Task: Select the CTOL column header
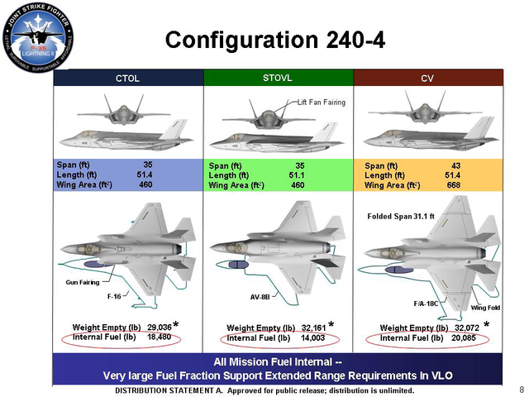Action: click(127, 79)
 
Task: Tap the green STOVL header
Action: click(279, 78)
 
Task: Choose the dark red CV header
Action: click(428, 79)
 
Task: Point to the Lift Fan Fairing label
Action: click(322, 102)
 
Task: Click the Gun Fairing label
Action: click(82, 282)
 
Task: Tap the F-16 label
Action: click(115, 295)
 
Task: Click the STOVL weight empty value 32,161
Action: click(312, 328)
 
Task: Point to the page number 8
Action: click(521, 389)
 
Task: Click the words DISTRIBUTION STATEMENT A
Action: click(158, 390)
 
